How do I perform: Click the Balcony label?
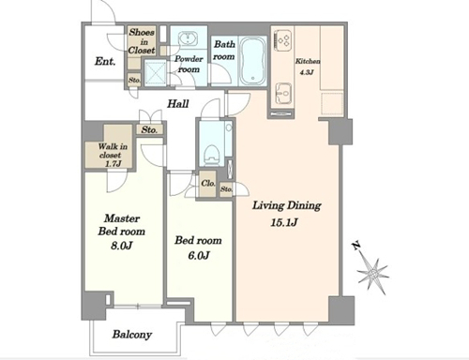[132, 335]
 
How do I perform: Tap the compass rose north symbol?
[372, 275]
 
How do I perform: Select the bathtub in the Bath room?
[252, 61]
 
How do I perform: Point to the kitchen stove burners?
[283, 39]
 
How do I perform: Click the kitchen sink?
[284, 94]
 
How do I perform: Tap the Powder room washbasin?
[188, 40]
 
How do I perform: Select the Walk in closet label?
[111, 155]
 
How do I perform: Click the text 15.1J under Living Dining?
[284, 223]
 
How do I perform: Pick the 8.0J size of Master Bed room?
[121, 246]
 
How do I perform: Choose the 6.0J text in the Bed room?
[198, 256]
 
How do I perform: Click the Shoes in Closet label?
[142, 41]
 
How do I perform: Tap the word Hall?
[177, 103]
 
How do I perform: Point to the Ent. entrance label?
[105, 61]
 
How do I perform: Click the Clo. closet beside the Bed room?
[208, 184]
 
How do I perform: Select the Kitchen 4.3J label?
[308, 67]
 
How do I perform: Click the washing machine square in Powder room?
[156, 72]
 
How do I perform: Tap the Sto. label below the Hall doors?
[149, 129]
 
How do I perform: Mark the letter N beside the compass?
[356, 247]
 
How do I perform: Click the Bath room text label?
[224, 50]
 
